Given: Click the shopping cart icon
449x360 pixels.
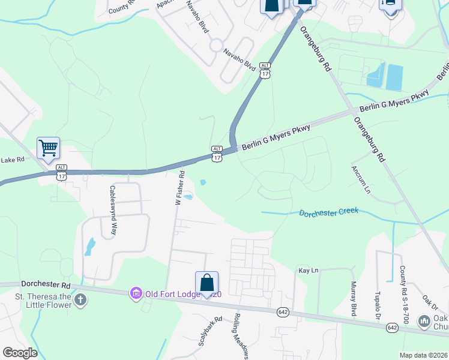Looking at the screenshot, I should tap(48, 147).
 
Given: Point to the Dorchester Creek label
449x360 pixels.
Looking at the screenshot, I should tap(328, 212).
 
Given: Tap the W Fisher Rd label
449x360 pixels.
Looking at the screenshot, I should tap(179, 188).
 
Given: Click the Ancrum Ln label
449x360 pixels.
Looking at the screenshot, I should tap(361, 179).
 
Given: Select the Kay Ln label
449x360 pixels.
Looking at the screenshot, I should tap(308, 271).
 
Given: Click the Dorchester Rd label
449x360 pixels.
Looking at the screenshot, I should tap(46, 283).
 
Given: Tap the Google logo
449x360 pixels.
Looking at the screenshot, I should tap(19, 353).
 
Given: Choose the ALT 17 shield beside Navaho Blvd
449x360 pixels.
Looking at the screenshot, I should tap(265, 70).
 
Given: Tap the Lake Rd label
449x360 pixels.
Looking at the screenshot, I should tap(12, 160).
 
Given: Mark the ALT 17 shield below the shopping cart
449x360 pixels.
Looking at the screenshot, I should tap(61, 172).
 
